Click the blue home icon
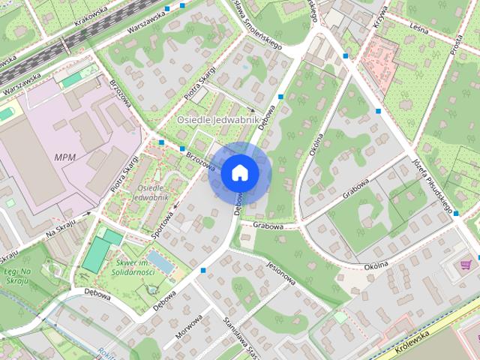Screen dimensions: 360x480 point(239,172)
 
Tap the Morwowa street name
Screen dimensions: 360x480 point(190,327)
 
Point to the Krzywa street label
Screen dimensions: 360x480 point(380,16)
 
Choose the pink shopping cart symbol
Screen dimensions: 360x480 point(468,263)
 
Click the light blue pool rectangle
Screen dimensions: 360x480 point(158,262)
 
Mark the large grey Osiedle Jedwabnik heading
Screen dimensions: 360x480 point(217,119)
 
